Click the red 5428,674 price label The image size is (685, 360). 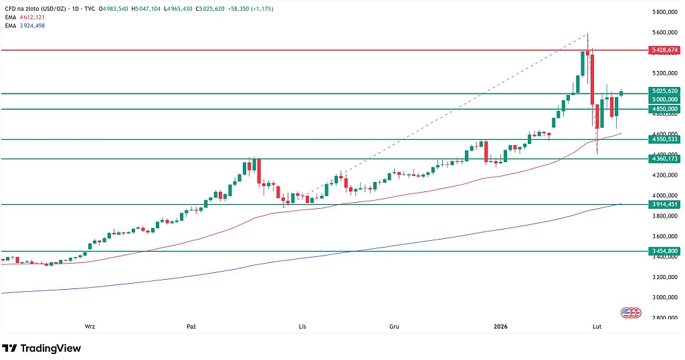pos(664,50)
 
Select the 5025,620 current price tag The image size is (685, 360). pos(664,90)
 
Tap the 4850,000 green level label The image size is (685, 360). pos(664,108)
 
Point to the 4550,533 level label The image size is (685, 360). pos(664,139)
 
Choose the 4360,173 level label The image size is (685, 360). pos(664,159)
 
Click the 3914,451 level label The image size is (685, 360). pos(664,204)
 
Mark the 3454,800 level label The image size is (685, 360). pos(664,251)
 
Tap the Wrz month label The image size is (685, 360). pos(90,327)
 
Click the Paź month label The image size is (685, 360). pos(191,327)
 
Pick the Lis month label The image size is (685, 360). pos(302,327)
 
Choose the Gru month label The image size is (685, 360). pos(394,327)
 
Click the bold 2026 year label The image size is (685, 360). pos(500,327)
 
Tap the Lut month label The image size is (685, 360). pos(597,327)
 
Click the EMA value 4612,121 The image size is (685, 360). pos(30,17)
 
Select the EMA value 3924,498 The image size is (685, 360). pos(30,25)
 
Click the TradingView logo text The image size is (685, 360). pos(50,348)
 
